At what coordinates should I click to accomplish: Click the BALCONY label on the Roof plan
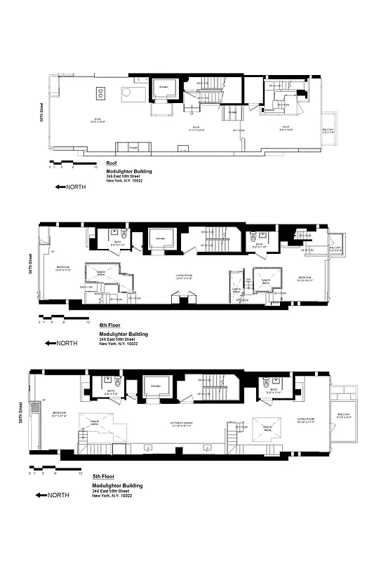coord(328,130)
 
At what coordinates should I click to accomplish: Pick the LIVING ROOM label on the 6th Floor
coord(184,276)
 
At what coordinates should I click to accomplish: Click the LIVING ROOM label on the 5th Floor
coord(303,421)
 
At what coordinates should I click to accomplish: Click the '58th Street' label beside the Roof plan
coord(42,112)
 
